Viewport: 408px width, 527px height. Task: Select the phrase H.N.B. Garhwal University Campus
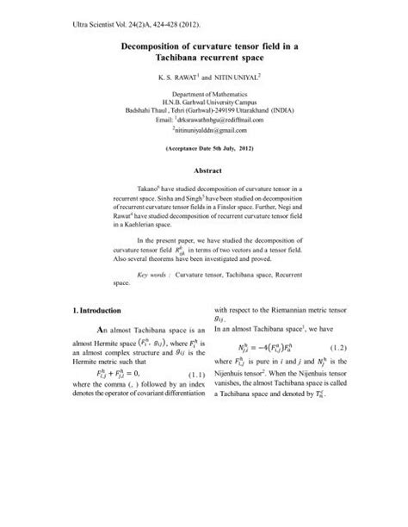click(204, 102)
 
